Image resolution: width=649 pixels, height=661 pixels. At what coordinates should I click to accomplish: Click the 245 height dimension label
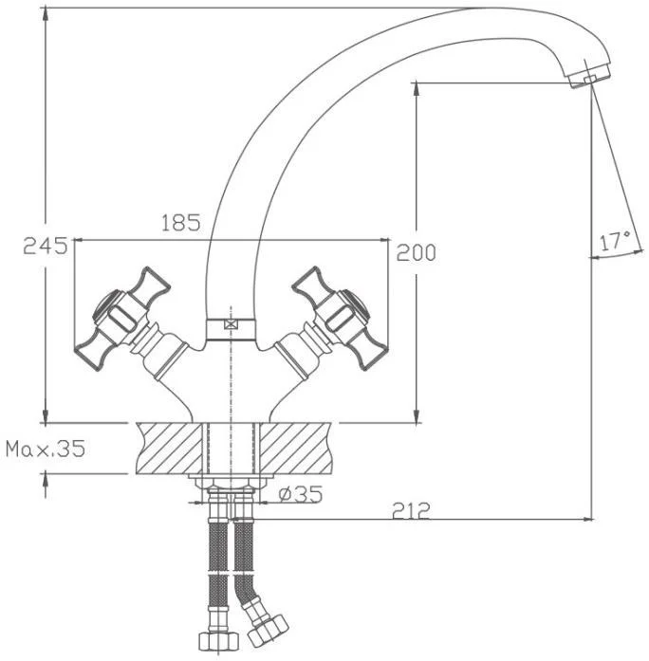coord(46,246)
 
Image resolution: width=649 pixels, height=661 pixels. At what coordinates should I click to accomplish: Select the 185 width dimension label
coord(181,223)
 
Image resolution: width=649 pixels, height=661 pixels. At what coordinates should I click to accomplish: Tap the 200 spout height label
coord(416,253)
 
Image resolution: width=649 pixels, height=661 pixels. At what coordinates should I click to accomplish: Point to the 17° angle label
coord(615,241)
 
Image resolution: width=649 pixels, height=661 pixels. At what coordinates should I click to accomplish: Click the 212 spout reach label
coord(411,510)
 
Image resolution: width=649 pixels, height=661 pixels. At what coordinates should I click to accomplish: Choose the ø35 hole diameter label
coord(300,494)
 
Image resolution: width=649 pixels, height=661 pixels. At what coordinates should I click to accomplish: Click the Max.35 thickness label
coord(46,449)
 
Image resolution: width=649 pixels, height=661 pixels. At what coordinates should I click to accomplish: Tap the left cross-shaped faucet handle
coord(122,319)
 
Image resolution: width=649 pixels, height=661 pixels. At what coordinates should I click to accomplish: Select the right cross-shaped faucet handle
coord(340,319)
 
